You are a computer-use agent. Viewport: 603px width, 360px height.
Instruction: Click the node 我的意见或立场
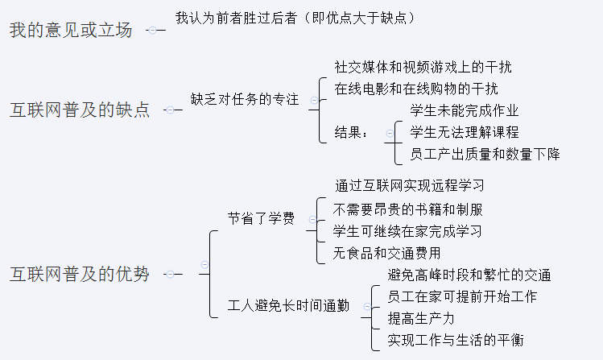(70, 31)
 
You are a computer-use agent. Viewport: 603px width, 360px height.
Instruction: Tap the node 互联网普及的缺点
(80, 110)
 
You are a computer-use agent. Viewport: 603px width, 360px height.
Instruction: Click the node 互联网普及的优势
(80, 275)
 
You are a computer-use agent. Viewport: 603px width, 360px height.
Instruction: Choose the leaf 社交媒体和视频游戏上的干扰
(423, 67)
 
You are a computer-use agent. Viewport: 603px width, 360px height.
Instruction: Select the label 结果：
(352, 132)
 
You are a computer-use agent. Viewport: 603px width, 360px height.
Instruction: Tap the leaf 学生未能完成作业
(465, 110)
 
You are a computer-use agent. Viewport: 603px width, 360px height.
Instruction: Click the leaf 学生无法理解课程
(465, 132)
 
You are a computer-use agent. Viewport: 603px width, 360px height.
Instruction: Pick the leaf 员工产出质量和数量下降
(485, 154)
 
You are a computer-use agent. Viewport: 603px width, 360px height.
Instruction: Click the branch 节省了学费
(260, 218)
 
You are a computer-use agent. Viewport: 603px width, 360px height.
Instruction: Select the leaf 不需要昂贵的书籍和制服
(408, 209)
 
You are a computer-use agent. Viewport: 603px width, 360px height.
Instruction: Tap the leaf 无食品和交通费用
(398, 253)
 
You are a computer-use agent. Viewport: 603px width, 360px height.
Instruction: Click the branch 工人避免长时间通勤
(289, 306)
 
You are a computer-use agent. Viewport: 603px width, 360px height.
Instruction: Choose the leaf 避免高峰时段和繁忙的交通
(469, 275)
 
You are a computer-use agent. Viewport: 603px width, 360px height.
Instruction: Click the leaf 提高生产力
(421, 318)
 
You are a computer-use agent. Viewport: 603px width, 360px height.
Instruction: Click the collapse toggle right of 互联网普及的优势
(169, 275)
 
